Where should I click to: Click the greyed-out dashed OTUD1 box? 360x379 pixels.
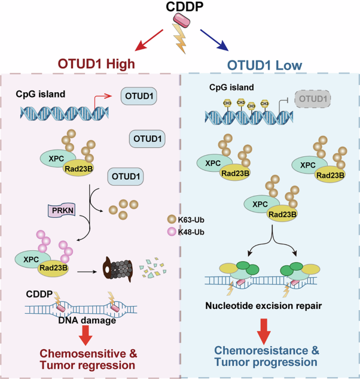[315, 98]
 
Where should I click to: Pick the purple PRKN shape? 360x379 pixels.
[60, 211]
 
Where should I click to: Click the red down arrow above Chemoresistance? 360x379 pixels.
[264, 331]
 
